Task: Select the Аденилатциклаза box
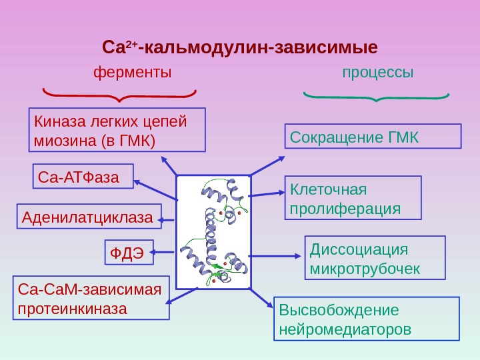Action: (89, 217)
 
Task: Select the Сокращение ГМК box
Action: (373, 135)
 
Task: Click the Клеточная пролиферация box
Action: (353, 197)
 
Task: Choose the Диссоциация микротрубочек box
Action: (375, 257)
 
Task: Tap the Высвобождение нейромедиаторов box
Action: (367, 319)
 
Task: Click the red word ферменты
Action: (132, 71)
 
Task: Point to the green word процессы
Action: (378, 71)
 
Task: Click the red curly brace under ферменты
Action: (120, 95)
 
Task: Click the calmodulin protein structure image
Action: (213, 232)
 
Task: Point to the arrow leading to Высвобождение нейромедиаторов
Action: (262, 298)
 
